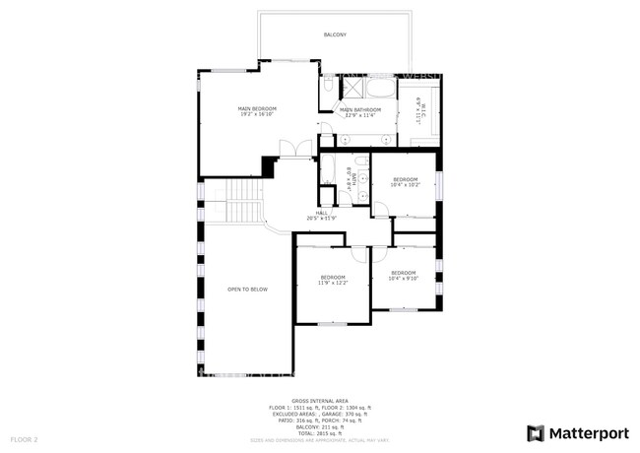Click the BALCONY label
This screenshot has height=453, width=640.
coord(335,35)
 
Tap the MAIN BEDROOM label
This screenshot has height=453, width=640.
coord(257,111)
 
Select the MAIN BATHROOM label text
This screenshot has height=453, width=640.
coord(360,112)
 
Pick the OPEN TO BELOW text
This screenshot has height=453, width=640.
coord(247,290)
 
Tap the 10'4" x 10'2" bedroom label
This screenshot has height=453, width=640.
coord(405,181)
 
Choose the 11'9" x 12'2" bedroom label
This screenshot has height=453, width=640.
coord(332,280)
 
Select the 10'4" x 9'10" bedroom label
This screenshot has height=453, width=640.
coord(404,275)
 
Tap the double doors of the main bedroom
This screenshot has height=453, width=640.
coord(289,150)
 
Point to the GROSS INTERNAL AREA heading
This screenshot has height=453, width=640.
coord(319,402)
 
